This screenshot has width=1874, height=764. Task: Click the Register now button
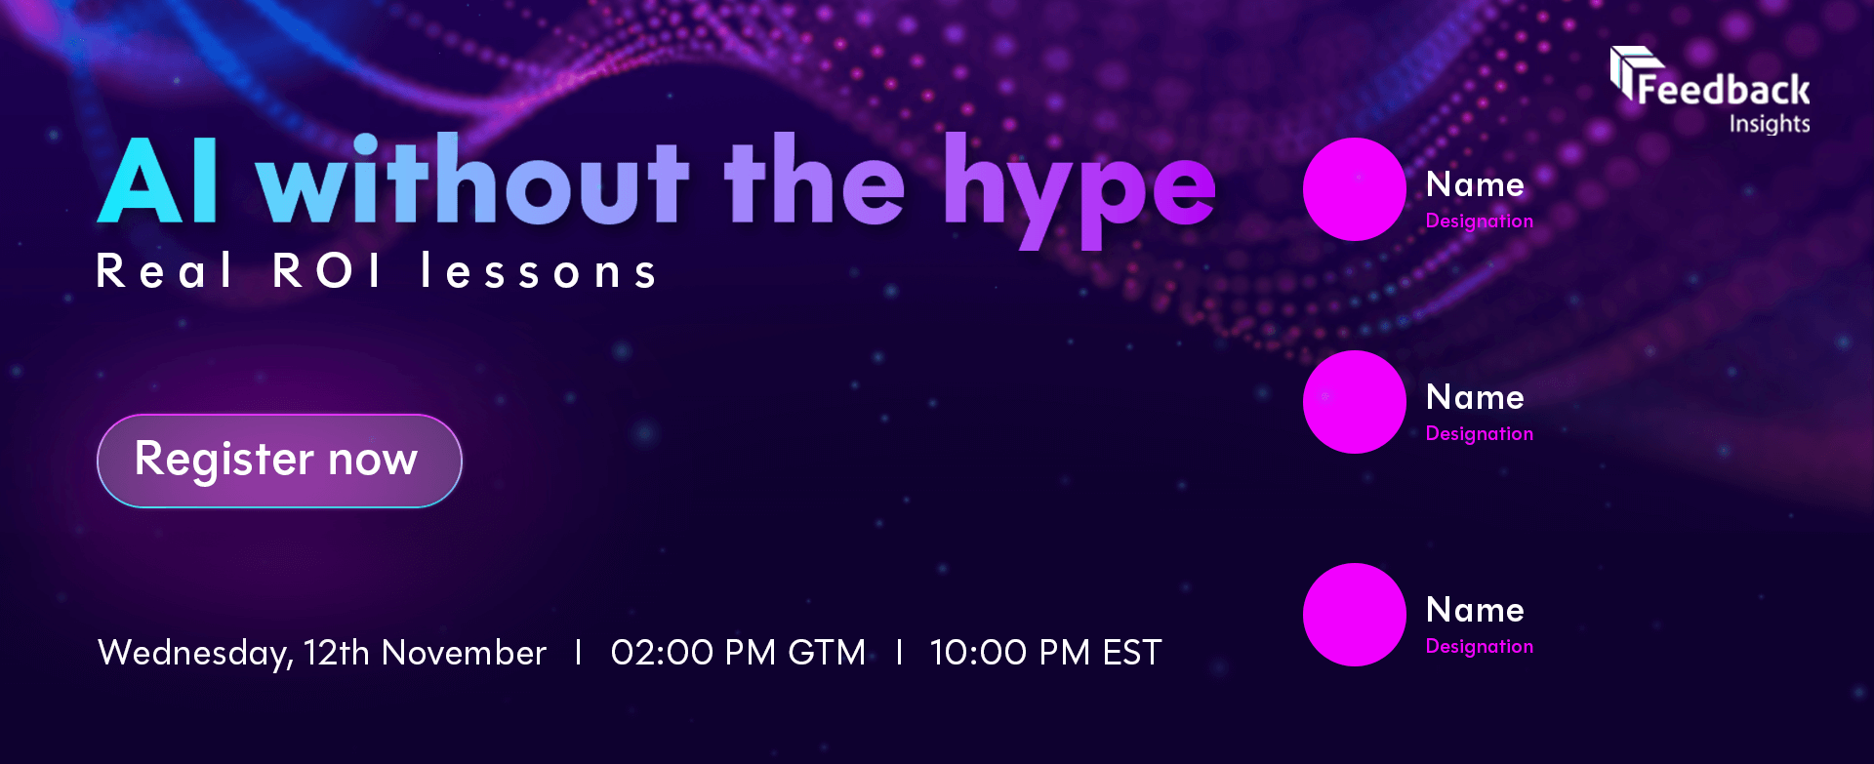pos(279,461)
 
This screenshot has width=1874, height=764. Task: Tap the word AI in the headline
pos(158,181)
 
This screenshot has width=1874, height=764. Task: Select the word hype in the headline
pos(1080,191)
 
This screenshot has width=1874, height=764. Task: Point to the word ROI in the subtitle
pos(327,270)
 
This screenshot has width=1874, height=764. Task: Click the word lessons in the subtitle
pos(539,270)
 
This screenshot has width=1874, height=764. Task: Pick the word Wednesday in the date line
pos(195,653)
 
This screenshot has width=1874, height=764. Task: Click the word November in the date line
pos(464,652)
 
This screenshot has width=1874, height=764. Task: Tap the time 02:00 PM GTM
pos(738,652)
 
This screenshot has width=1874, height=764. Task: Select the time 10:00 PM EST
pos(1045,652)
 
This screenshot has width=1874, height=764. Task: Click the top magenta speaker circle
pos(1355,189)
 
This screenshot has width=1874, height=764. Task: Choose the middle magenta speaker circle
pos(1355,402)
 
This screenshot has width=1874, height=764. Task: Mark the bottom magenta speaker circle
pos(1355,615)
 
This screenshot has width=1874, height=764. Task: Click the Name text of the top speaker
pos(1475,184)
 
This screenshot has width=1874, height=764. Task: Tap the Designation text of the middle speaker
pos(1480,433)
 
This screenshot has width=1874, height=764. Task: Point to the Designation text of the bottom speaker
pos(1480,646)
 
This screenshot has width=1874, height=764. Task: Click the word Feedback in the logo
pos(1724,90)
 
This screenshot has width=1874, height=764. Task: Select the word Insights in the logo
pos(1770,124)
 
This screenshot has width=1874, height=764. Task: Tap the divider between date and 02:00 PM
pos(579,652)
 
